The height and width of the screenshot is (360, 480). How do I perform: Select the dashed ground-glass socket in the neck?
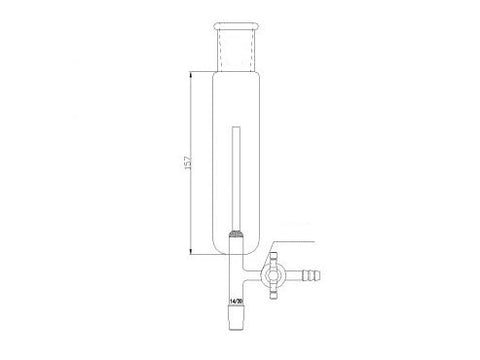point(236,44)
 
